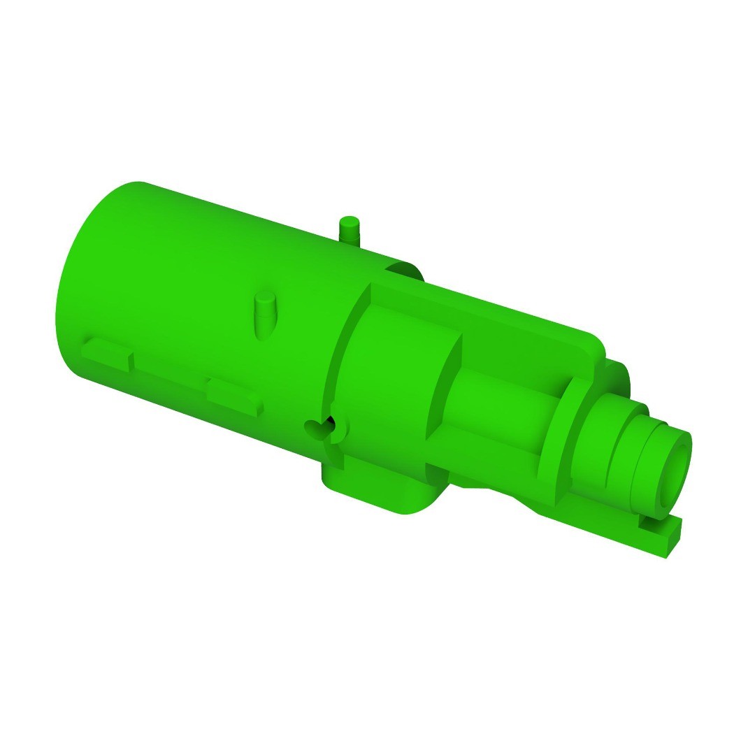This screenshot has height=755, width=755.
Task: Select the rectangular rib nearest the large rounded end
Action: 106,353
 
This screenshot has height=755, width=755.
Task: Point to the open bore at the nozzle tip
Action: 673,471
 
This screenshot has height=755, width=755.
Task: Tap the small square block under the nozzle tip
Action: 660,535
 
